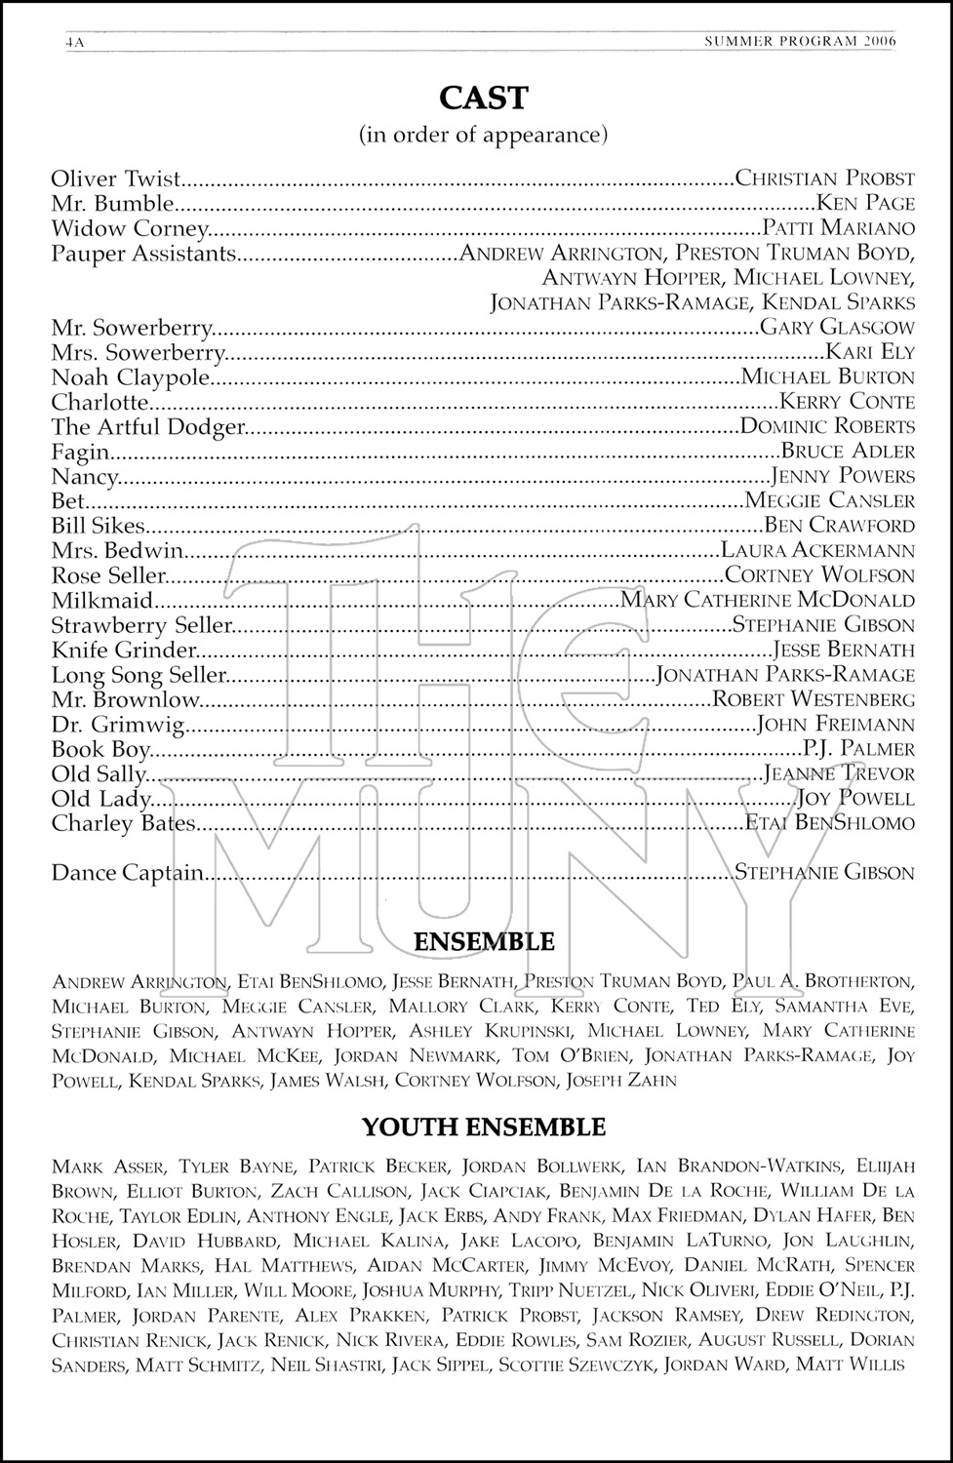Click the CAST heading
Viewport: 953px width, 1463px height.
tap(483, 98)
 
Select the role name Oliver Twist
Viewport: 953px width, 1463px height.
tap(116, 178)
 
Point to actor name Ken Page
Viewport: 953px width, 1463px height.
tap(865, 203)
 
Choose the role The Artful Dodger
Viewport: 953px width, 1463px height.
tap(146, 426)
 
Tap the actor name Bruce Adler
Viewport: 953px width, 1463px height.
tap(848, 451)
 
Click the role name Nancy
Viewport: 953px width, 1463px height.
tap(85, 476)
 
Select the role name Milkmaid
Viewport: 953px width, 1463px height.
tap(102, 600)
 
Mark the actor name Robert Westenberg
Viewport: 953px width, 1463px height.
tap(814, 698)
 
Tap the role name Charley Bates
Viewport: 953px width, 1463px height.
tap(124, 823)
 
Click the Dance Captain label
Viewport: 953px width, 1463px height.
tap(128, 873)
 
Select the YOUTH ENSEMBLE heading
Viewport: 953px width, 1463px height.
tap(484, 1127)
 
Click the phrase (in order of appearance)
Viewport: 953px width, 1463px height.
tap(484, 134)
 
